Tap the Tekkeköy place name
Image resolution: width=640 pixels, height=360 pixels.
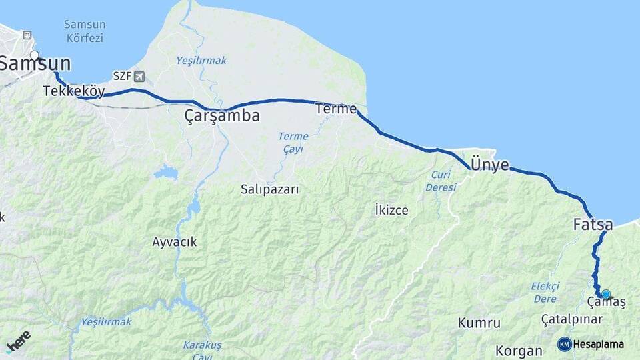pyautogui.click(x=73, y=91)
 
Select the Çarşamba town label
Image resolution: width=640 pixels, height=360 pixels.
pyautogui.click(x=221, y=116)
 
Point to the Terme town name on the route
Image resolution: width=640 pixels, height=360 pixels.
pyautogui.click(x=337, y=109)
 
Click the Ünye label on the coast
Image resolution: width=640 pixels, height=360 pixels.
pyautogui.click(x=490, y=165)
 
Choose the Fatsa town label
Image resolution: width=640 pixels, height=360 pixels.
pyautogui.click(x=593, y=225)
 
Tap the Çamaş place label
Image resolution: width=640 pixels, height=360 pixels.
pyautogui.click(x=607, y=303)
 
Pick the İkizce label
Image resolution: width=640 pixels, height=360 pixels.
pyautogui.click(x=391, y=210)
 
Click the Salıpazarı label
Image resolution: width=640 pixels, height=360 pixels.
pyautogui.click(x=270, y=189)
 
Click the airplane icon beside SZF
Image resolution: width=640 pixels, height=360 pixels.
pyautogui.click(x=139, y=76)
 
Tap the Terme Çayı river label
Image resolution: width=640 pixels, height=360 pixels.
pyautogui.click(x=293, y=143)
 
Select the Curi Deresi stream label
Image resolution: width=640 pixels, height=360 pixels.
pyautogui.click(x=441, y=181)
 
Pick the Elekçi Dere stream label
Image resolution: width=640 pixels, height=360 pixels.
pyautogui.click(x=545, y=292)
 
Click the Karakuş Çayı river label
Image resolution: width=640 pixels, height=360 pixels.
pyautogui.click(x=202, y=350)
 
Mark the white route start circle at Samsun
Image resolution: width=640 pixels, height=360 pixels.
pyautogui.click(x=35, y=56)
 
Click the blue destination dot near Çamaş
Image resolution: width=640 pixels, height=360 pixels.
pyautogui.click(x=605, y=294)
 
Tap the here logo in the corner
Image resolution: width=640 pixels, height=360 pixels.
pyautogui.click(x=18, y=341)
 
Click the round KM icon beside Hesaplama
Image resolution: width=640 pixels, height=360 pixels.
pyautogui.click(x=565, y=345)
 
